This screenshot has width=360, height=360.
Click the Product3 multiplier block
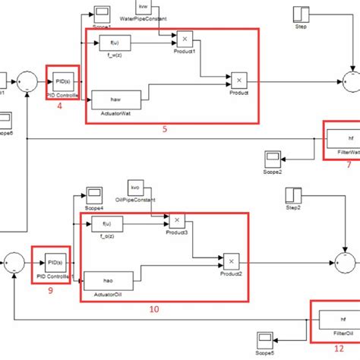(x=176, y=220)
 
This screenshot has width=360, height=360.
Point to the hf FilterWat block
(x=341, y=138)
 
